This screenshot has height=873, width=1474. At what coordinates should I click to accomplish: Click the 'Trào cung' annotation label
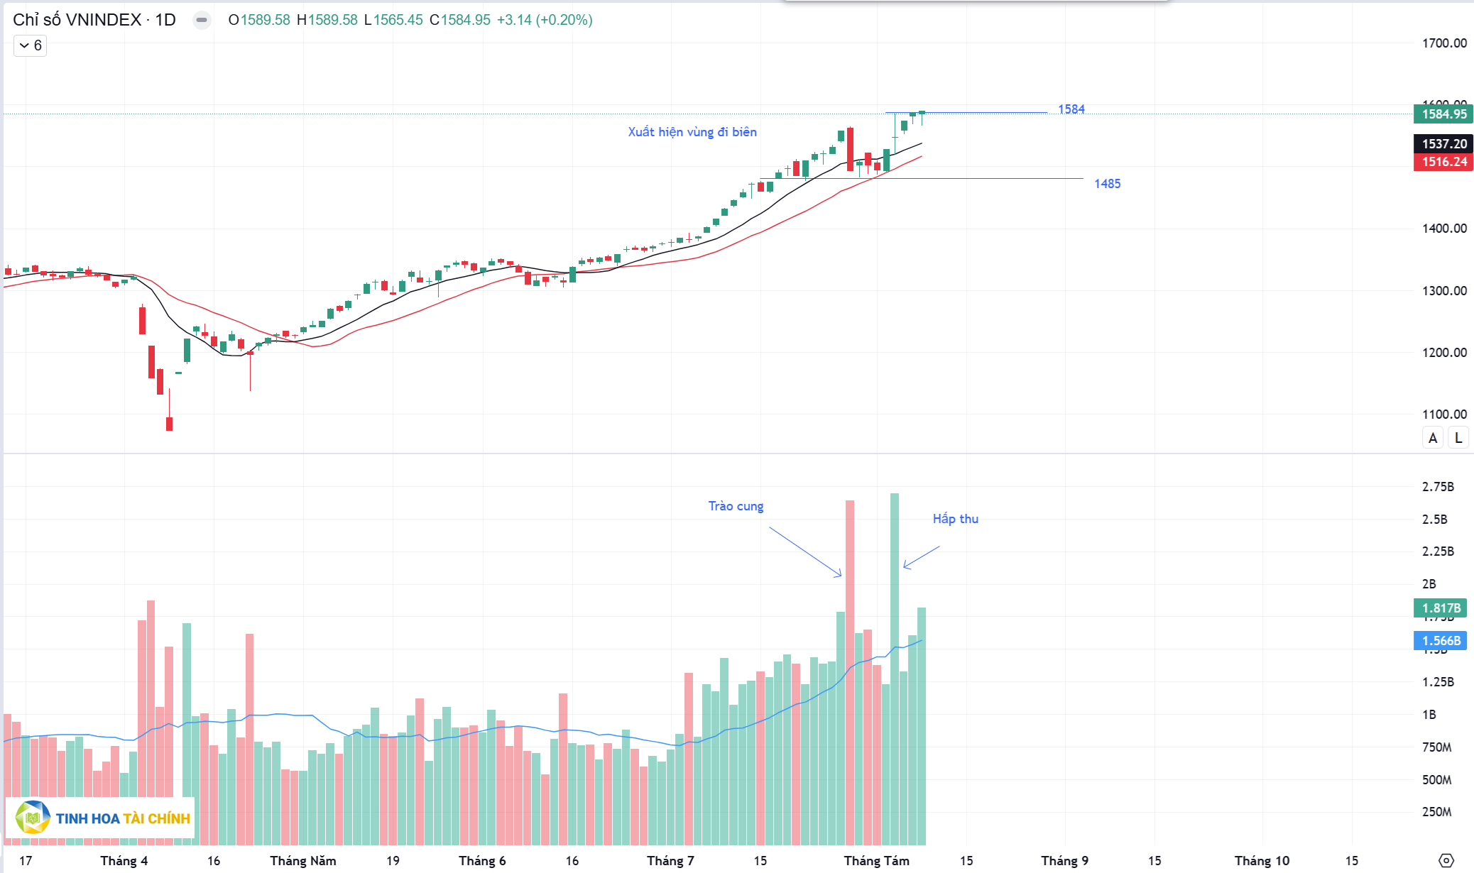[736, 506]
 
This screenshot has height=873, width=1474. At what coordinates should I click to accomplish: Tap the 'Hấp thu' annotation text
[955, 519]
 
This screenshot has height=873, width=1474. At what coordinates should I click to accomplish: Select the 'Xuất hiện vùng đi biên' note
[692, 132]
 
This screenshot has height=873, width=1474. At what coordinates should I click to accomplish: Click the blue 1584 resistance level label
[1071, 109]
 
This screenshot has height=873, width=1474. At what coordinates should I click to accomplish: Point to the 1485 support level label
[1107, 184]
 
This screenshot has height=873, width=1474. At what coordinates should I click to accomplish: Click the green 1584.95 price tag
[1443, 114]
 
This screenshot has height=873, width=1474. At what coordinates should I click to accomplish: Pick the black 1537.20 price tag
[1443, 144]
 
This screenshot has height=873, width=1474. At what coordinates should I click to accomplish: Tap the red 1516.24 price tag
[1443, 162]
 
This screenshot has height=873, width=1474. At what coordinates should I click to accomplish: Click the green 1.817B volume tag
[1441, 608]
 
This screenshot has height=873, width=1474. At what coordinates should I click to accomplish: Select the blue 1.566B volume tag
[1441, 641]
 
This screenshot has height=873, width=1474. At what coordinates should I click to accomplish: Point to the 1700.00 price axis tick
[1444, 43]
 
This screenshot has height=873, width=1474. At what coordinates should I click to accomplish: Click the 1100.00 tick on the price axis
[1444, 414]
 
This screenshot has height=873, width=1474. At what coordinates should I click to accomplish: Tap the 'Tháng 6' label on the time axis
[482, 861]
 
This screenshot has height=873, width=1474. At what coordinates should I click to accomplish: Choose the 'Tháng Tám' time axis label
[876, 861]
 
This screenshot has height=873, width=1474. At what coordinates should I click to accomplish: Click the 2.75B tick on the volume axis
[1438, 487]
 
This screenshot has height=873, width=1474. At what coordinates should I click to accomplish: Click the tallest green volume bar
[895, 667]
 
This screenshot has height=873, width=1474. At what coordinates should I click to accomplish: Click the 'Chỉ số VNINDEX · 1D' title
[94, 20]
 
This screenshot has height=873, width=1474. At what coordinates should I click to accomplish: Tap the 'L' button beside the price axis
[1458, 438]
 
